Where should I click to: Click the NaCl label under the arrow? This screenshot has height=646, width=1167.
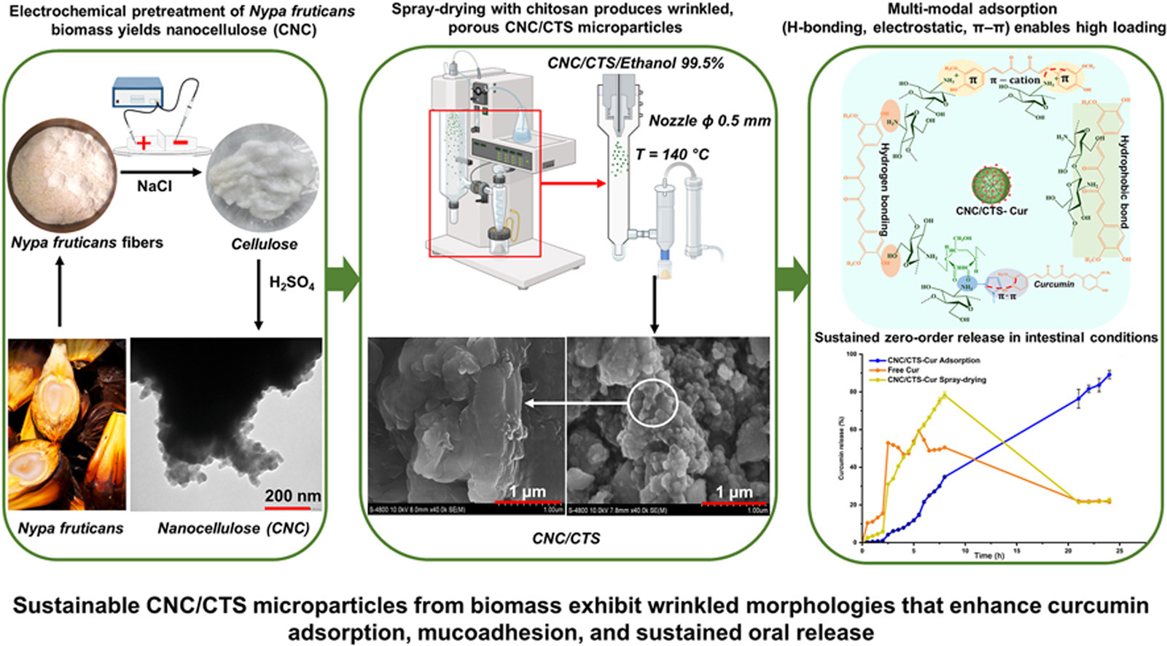155,187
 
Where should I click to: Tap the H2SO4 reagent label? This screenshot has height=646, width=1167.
292,283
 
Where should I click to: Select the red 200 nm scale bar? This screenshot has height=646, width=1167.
292,507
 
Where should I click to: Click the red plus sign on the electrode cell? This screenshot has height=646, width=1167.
144,143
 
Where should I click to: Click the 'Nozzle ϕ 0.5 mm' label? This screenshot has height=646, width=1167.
709,121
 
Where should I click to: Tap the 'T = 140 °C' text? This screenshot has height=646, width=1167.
672,155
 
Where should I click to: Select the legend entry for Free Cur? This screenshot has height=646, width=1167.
903,370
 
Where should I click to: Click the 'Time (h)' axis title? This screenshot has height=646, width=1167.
988,556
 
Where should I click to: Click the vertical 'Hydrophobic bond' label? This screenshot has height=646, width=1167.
1124,182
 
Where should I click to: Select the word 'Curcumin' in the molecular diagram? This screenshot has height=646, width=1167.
1053,284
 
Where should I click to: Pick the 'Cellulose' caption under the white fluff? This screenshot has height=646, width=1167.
264,244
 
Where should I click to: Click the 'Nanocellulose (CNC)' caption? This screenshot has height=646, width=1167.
233,528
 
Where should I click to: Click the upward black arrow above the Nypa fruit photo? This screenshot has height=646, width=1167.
60,295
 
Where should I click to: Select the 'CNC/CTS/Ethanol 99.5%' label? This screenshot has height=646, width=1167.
636,63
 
